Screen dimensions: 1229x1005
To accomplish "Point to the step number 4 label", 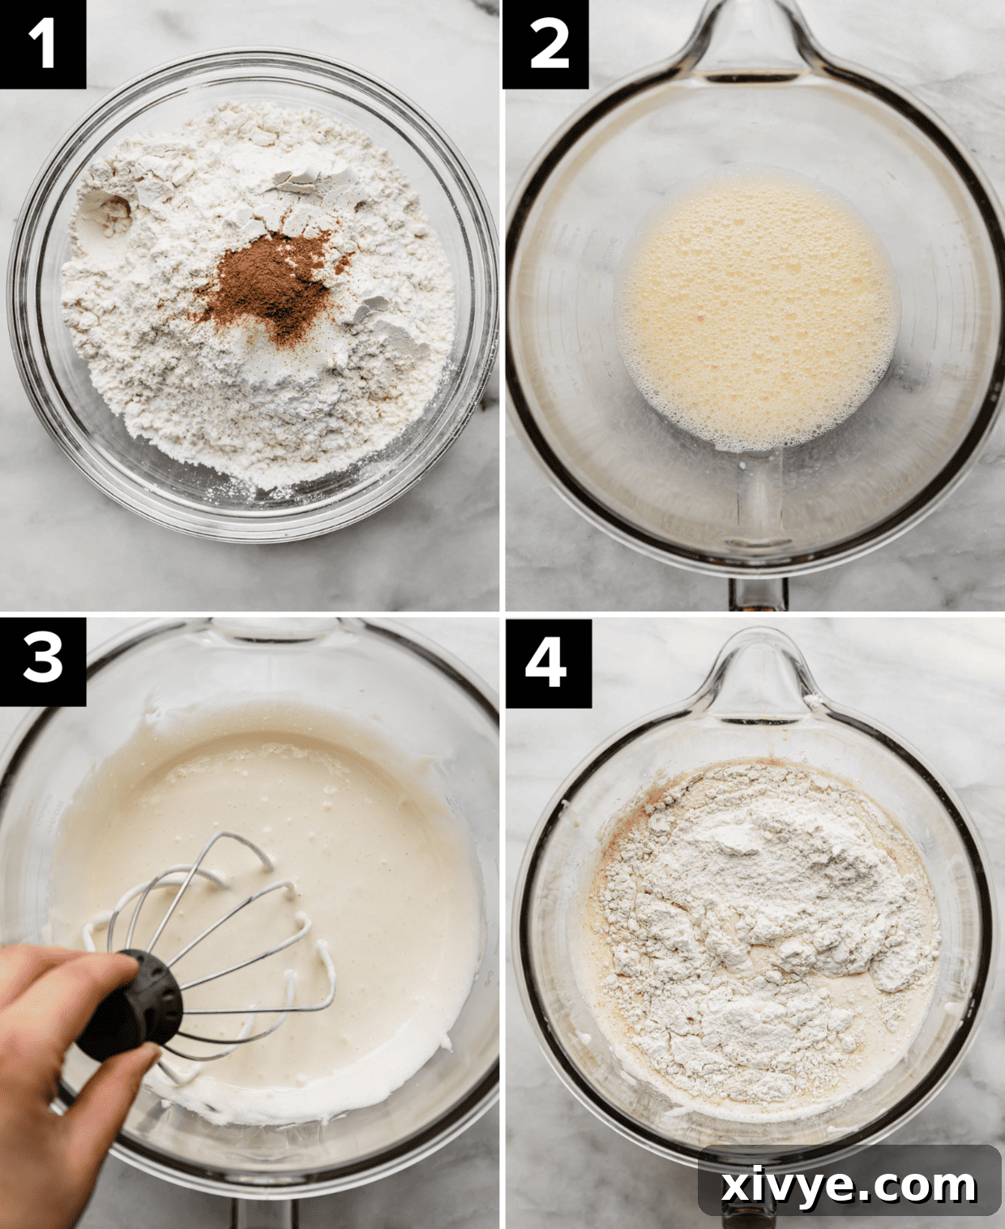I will (548, 662).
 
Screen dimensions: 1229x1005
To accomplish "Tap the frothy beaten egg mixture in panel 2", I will (758, 312).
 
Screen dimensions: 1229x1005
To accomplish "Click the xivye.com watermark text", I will (849, 1185).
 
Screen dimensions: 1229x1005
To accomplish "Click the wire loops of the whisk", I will (243, 932).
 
